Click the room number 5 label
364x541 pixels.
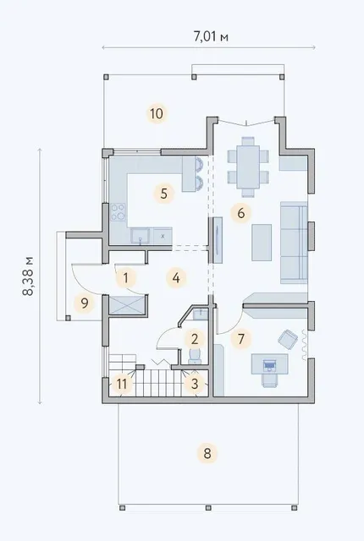pos(163,194)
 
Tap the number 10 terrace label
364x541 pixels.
pos(157,113)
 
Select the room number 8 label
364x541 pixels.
pos(207,453)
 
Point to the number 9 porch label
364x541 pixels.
pos(85,303)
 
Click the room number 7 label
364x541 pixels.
pos(241,339)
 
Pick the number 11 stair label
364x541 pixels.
pos(122,384)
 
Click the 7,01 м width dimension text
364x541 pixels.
pos(211,36)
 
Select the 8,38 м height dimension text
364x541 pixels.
pos(28,276)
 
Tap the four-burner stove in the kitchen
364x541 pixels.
pos(118,212)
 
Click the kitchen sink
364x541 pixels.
pos(141,236)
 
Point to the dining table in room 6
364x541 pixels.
pos(248,167)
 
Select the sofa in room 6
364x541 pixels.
pos(294,243)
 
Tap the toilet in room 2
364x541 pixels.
pos(195,356)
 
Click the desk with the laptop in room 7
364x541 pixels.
pos(269,364)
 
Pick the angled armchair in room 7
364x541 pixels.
pos(288,339)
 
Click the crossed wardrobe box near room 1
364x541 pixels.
pos(126,305)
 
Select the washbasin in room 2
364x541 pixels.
pos(201,314)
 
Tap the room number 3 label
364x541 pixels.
pos(195,384)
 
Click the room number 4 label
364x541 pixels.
pos(176,278)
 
